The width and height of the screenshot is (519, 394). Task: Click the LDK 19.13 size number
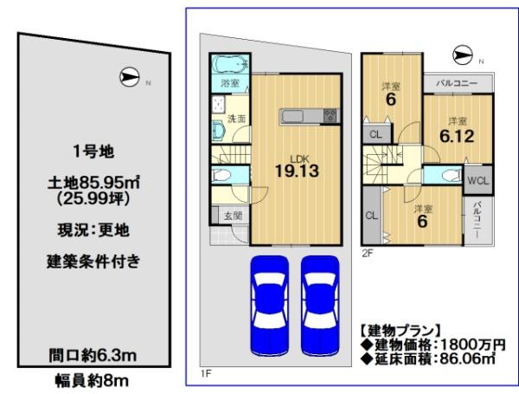click(297, 171)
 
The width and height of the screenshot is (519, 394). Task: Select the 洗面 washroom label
click(236, 119)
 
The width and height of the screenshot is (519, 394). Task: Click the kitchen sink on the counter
click(292, 116)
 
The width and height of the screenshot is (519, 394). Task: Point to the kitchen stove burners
click(330, 116)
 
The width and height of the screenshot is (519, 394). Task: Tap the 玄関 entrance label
click(234, 216)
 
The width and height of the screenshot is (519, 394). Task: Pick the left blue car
click(269, 306)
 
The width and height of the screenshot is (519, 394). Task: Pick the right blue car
click(320, 306)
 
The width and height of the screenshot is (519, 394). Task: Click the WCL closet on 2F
click(478, 181)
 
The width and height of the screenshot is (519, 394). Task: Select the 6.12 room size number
click(457, 136)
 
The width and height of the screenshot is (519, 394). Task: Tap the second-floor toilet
click(452, 175)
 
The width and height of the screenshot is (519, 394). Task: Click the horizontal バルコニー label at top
click(457, 83)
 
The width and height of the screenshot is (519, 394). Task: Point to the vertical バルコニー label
click(477, 219)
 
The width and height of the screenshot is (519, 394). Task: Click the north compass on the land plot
click(129, 77)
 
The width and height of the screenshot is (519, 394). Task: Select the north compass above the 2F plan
click(463, 55)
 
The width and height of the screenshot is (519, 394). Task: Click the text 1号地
click(93, 152)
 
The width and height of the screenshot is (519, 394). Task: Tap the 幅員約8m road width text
click(92, 381)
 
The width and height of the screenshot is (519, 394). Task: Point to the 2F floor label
click(368, 253)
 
